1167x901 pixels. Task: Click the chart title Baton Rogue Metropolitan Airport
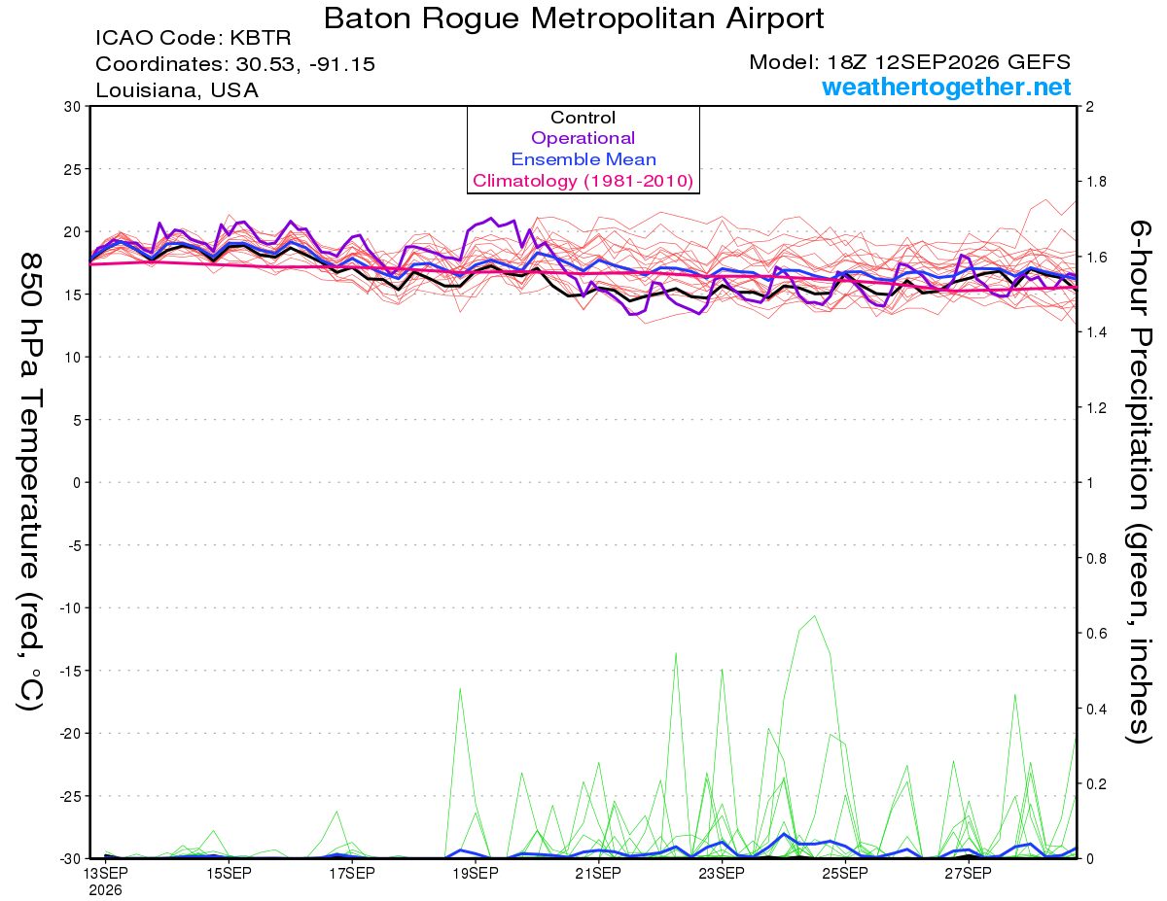click(574, 18)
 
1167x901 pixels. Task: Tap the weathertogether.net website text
click(946, 87)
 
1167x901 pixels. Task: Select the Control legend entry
click(583, 117)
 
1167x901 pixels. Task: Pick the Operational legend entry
click(583, 138)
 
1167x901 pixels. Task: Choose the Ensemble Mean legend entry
click(583, 158)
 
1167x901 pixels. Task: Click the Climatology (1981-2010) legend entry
click(583, 181)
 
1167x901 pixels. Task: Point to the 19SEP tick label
click(476, 873)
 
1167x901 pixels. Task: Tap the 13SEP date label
click(106, 873)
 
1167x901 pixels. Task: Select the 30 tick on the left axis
click(72, 107)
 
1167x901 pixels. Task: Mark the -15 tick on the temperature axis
click(69, 671)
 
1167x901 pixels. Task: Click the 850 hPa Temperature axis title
click(30, 482)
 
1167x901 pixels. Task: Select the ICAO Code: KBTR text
click(194, 38)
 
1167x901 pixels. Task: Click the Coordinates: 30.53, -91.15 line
click(235, 64)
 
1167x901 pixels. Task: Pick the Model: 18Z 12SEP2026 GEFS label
click(909, 62)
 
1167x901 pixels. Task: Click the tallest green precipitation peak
click(815, 615)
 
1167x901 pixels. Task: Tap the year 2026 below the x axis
click(105, 891)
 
